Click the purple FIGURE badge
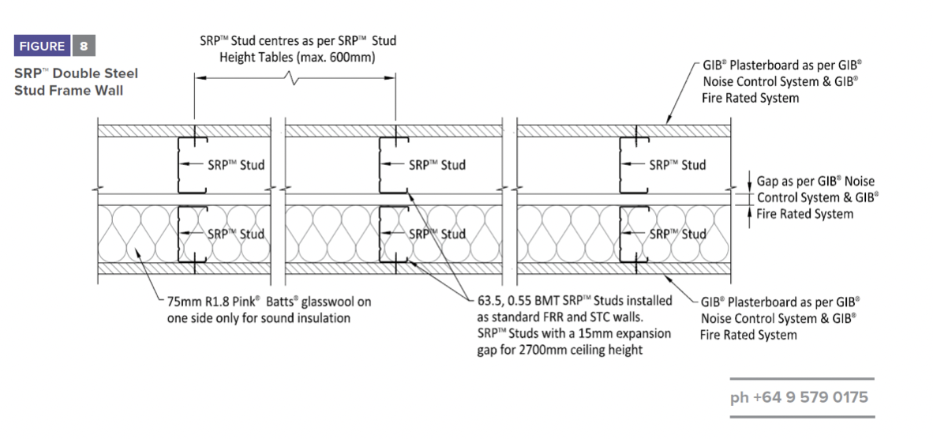click(x=43, y=46)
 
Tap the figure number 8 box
click(x=84, y=46)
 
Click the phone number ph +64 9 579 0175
click(x=799, y=396)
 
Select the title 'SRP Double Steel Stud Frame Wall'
click(x=76, y=81)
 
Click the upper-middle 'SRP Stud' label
click(x=437, y=165)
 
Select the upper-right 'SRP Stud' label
click(x=677, y=165)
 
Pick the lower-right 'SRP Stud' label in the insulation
click(x=677, y=234)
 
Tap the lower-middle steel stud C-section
click(x=392, y=234)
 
